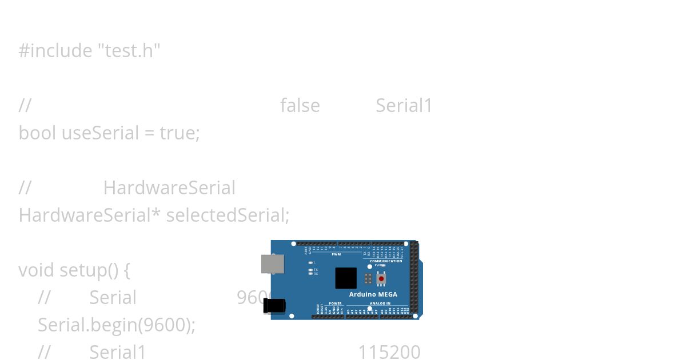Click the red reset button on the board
[381, 278]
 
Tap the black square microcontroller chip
[346, 278]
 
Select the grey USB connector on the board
[272, 264]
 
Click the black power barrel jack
[274, 306]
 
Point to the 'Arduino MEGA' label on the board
[373, 295]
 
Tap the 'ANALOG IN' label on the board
[380, 303]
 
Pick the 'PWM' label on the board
[336, 254]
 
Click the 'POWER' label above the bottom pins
[335, 303]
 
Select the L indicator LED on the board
[310, 262]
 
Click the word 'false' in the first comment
[300, 106]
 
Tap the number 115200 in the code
[389, 353]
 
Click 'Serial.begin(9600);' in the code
[117, 325]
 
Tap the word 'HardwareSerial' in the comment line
[169, 188]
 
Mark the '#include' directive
[55, 51]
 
